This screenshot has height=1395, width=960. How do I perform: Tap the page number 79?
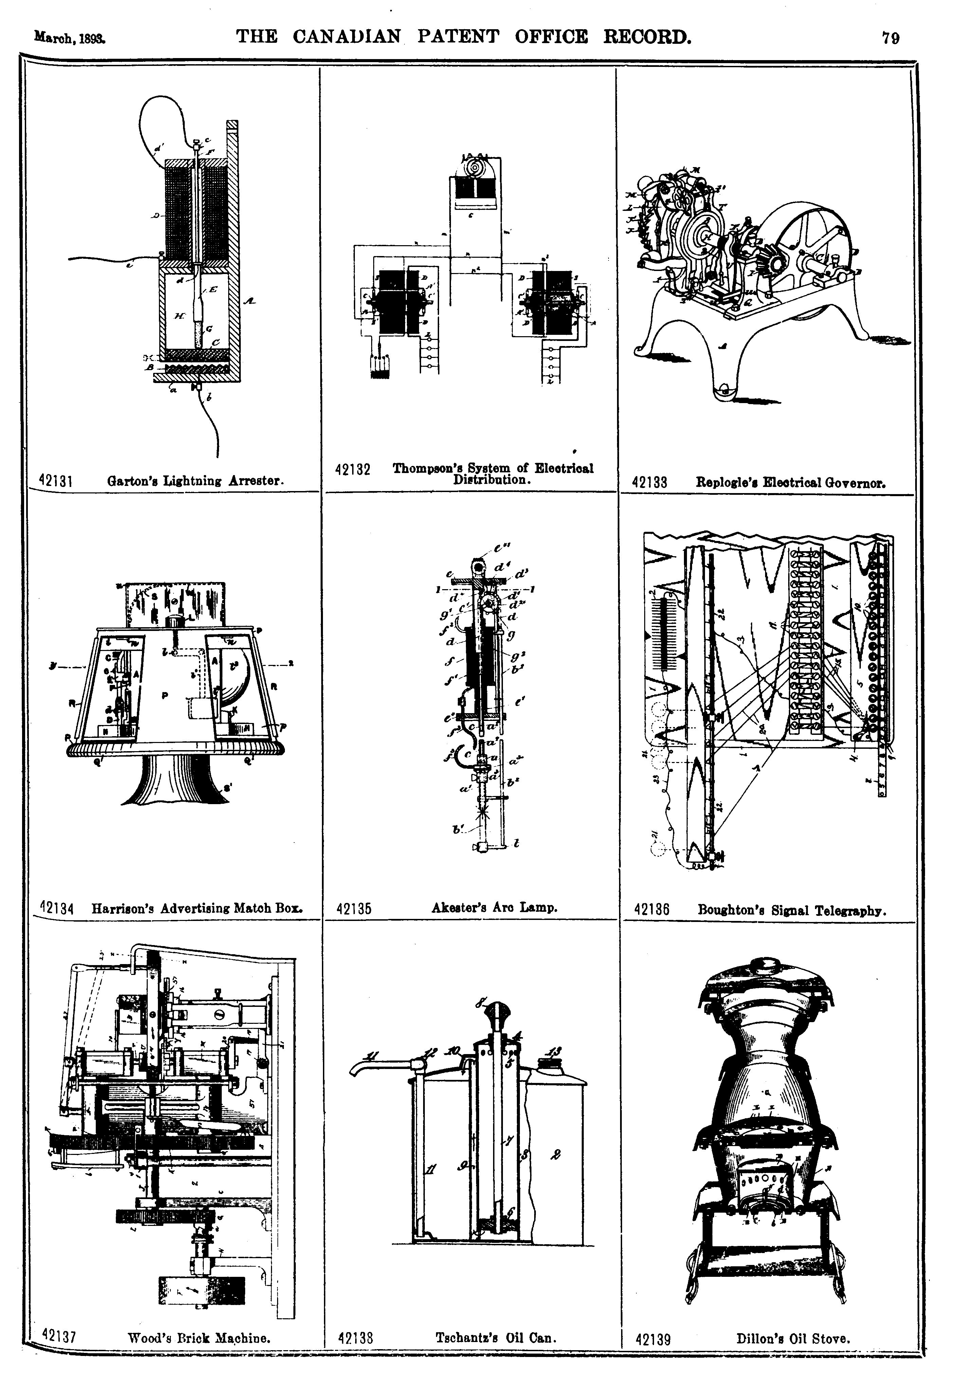coord(890,38)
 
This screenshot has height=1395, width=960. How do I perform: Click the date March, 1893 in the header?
coord(70,37)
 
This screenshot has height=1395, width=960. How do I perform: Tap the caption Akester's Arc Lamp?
coord(494,907)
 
